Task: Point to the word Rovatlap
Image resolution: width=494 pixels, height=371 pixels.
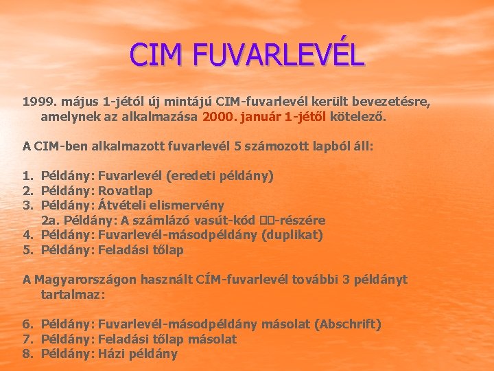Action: [x=126, y=190]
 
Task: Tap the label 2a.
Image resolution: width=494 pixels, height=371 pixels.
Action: [x=50, y=220]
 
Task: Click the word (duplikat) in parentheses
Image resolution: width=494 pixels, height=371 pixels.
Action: [x=292, y=234]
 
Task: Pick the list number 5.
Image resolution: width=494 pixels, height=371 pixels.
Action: [x=27, y=249]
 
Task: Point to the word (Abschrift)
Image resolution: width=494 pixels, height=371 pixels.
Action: [x=347, y=324]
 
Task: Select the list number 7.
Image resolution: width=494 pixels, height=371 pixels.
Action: [x=27, y=339]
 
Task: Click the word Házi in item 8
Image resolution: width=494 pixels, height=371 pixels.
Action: [x=112, y=354]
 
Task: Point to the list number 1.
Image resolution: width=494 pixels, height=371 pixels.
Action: [x=27, y=175]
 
